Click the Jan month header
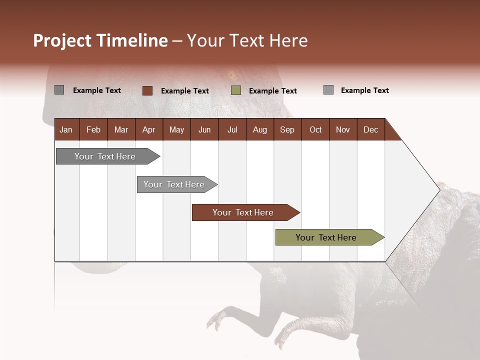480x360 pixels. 66,129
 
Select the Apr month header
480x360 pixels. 148,129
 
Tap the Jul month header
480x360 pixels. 232,129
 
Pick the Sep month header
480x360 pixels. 287,129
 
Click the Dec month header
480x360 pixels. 370,129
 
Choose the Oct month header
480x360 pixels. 315,129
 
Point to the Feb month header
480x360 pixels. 93,129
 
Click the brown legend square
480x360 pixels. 147,90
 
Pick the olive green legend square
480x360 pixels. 236,90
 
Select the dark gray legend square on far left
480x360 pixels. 59,90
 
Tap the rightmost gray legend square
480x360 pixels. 328,90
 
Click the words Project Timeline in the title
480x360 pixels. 100,40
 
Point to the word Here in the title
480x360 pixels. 288,40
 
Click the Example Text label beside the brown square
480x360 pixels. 184,91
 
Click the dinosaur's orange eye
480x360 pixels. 232,76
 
